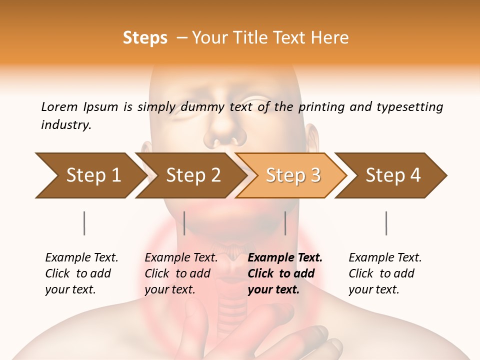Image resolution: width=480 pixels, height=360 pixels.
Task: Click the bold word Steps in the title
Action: click(x=145, y=38)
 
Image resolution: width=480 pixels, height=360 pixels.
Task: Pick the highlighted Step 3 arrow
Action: click(x=292, y=175)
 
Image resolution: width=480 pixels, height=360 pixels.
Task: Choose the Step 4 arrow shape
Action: click(x=392, y=175)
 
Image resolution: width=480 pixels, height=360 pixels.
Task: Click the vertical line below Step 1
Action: click(x=84, y=223)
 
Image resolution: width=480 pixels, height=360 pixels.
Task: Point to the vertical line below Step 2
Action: click(x=184, y=223)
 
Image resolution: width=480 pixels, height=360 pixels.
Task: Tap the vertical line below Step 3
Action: click(x=285, y=223)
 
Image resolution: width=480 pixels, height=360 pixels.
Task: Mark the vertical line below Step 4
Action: click(x=386, y=223)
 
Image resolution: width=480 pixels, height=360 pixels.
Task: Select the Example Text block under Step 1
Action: click(x=81, y=273)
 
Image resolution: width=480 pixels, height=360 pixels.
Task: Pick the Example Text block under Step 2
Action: click(x=180, y=273)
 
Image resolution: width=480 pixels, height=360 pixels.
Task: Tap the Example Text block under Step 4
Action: click(x=384, y=273)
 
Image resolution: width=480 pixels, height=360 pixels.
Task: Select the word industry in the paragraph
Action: click(x=66, y=125)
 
